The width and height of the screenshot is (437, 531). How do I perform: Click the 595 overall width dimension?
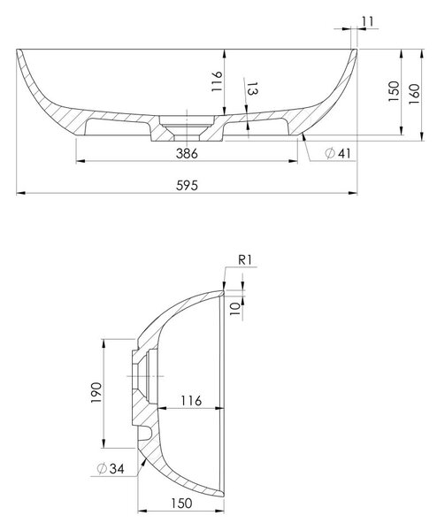point(187,186)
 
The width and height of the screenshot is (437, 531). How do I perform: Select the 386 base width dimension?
point(187,154)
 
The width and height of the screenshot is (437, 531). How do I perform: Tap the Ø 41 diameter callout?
point(338,153)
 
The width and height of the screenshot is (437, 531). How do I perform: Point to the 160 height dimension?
point(414,94)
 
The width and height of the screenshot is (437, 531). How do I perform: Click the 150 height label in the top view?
point(394,91)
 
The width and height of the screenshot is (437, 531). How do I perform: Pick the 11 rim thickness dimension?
point(367,21)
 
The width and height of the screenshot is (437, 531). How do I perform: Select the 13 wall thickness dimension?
point(253,88)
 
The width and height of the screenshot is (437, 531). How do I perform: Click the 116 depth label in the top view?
point(217,81)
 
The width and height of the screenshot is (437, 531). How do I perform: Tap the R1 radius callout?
point(245,260)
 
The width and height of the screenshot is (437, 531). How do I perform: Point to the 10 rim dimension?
point(235,309)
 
